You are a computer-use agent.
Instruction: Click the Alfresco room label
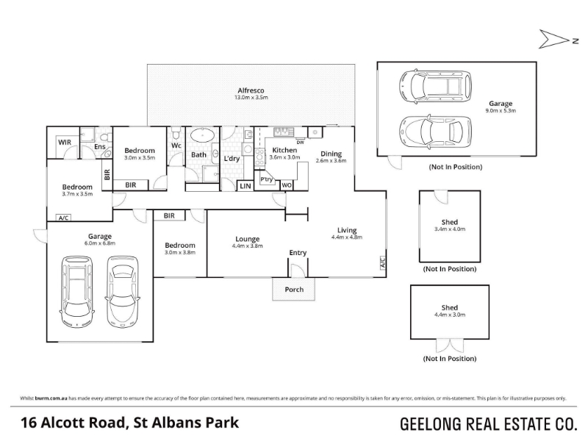coord(251,90)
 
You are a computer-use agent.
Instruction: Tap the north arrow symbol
coord(555,39)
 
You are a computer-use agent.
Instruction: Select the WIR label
coord(65,142)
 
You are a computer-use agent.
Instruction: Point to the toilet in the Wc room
coord(176,134)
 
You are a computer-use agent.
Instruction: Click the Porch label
coord(294,290)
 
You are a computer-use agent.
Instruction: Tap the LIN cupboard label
coord(245,186)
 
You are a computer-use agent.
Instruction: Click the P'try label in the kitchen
coord(267,179)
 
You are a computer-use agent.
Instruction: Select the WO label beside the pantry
coord(287,185)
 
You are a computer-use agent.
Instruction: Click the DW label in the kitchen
coord(301,143)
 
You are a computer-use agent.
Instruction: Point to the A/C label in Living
coord(383,262)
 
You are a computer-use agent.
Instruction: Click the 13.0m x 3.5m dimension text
coord(251,98)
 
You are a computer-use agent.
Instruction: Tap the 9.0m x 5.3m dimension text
coord(501,111)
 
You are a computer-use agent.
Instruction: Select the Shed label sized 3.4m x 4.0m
coord(450,222)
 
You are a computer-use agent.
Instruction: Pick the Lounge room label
coord(248,239)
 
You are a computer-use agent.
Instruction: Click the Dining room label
coord(331,154)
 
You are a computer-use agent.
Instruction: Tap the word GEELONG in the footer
coord(431,424)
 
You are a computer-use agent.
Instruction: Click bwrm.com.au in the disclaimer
coord(51,398)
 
